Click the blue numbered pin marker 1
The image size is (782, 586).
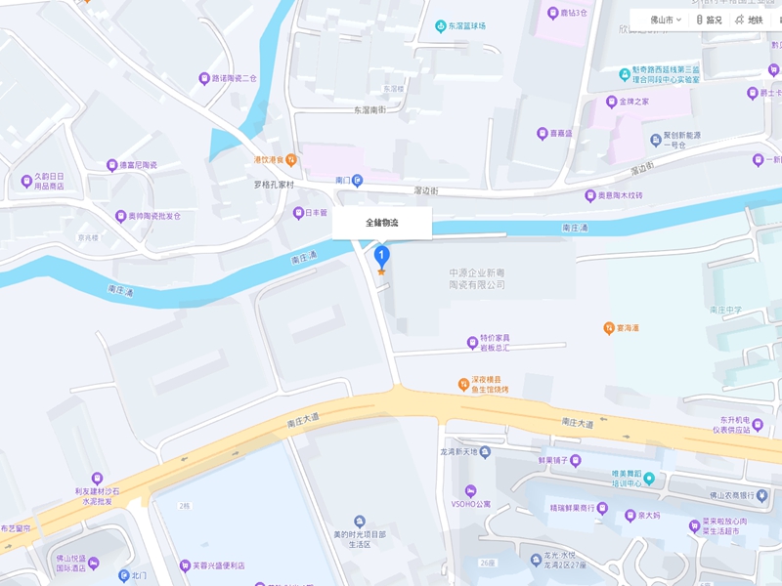(382, 256)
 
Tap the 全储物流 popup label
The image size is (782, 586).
(382, 223)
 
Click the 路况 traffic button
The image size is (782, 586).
(709, 20)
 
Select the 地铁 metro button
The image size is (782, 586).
(749, 20)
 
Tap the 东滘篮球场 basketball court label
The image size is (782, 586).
(466, 26)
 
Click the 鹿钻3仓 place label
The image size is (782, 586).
(567, 14)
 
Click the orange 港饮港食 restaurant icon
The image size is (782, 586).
(291, 159)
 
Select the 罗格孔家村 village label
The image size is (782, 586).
(274, 184)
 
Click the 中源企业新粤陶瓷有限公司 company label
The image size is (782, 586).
(477, 278)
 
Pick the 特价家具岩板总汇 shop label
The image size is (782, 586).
(488, 343)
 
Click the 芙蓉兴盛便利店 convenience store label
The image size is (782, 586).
(217, 565)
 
